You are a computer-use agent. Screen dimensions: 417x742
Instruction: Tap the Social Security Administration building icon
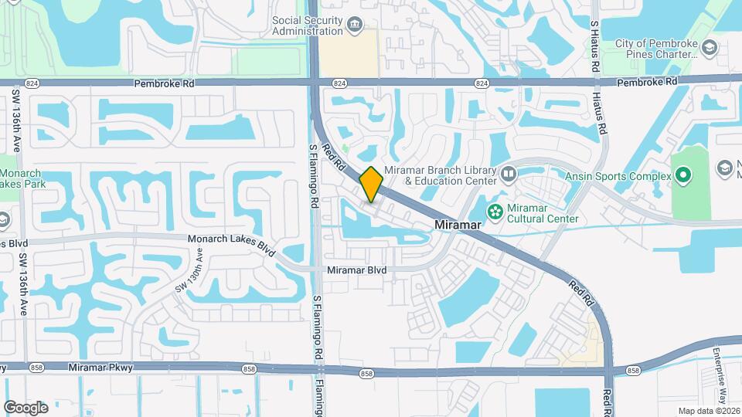(354, 25)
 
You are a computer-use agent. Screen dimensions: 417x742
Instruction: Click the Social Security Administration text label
(308, 25)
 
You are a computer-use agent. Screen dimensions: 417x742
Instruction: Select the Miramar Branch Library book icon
(508, 174)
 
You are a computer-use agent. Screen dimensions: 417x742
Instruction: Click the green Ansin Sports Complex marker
(682, 175)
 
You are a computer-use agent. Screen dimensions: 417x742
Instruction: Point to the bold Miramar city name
(459, 225)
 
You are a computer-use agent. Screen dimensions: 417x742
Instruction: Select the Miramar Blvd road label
(356, 270)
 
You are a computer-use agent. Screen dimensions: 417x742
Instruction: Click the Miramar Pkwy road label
(100, 368)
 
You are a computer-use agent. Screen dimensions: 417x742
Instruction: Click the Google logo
(26, 407)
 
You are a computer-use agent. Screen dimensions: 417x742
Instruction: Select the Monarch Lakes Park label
(23, 178)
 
